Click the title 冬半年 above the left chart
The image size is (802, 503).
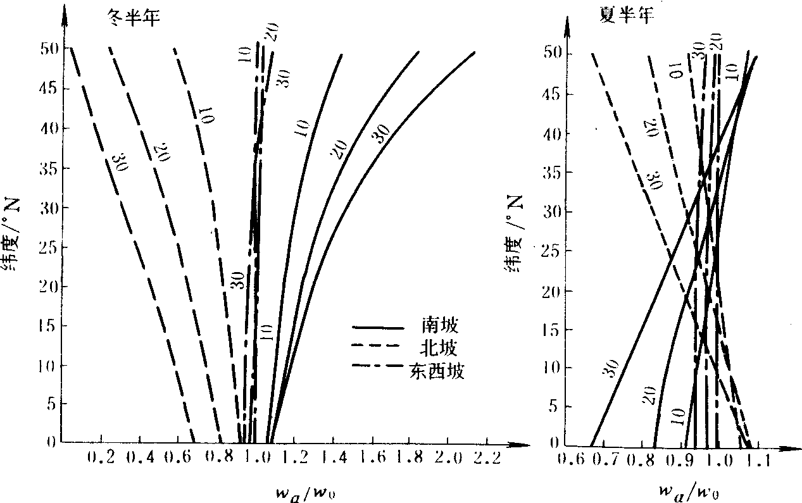coord(132,18)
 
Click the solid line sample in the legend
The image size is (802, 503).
coord(378,328)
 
